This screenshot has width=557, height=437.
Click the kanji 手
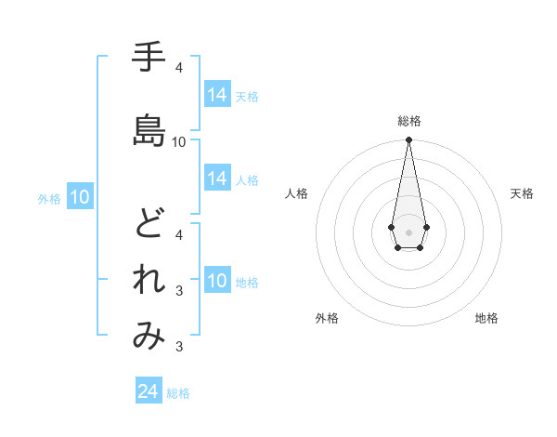[149, 58]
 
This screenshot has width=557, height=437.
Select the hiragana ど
[149, 222]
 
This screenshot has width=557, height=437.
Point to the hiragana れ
[149, 280]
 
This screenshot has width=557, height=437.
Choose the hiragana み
[149, 336]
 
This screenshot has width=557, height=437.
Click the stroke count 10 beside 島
[179, 142]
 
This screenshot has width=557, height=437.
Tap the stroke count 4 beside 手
[179, 68]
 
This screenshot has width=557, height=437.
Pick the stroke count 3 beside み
[179, 348]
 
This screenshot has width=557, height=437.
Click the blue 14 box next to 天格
[217, 95]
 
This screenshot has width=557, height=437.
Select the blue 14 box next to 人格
[217, 179]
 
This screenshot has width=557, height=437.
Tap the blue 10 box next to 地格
[217, 281]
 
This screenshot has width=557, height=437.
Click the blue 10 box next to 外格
[79, 197]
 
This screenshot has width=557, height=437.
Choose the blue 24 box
[149, 391]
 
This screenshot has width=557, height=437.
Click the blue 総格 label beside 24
[178, 393]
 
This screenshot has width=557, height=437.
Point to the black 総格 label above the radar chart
[408, 121]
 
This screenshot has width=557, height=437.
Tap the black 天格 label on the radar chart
[522, 193]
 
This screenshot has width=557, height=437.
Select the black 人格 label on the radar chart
[296, 193]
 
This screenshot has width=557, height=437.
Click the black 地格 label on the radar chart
[486, 318]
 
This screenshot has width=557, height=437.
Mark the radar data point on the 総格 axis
[408, 140]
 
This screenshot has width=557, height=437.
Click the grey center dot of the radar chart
[408, 231]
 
